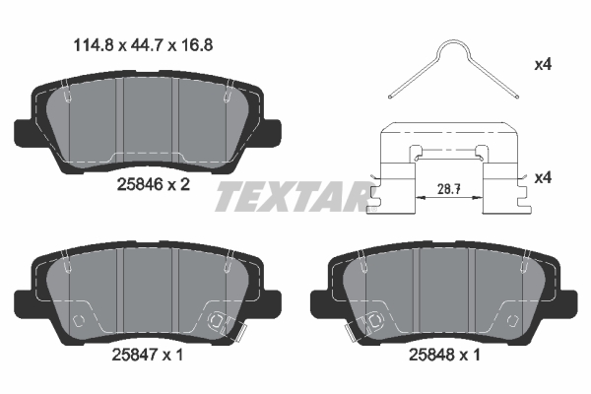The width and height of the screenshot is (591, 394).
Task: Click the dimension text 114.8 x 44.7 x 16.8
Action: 143,45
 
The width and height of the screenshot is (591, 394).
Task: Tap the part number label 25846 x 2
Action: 154,185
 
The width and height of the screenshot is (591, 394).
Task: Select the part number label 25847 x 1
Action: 148,355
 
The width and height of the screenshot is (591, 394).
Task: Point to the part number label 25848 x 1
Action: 444,355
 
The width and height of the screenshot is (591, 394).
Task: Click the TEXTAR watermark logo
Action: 294,196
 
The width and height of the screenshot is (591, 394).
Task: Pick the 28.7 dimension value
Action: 449,189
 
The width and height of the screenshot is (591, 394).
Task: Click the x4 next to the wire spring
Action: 543,65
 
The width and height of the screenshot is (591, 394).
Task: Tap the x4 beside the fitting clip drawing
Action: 543,177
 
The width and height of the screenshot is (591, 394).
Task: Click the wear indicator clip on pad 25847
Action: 235,329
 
